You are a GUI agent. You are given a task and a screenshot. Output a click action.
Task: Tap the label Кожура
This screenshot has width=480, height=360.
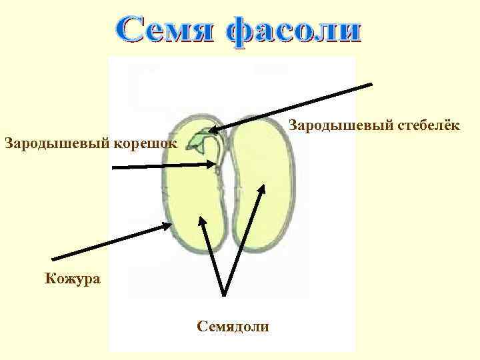pos(73,278)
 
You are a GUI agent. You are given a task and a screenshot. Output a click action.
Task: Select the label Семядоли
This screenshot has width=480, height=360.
pos(233,326)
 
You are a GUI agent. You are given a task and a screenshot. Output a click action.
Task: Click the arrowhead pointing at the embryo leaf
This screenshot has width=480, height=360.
pos(213,131)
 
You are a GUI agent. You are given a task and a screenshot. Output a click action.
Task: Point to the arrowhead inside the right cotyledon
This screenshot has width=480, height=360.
pos(263,190)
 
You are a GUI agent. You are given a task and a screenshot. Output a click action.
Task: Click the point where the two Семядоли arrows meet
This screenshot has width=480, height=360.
pos(225,294)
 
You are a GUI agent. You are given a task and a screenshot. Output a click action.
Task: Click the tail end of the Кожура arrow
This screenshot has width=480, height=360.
pos(53,259)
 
